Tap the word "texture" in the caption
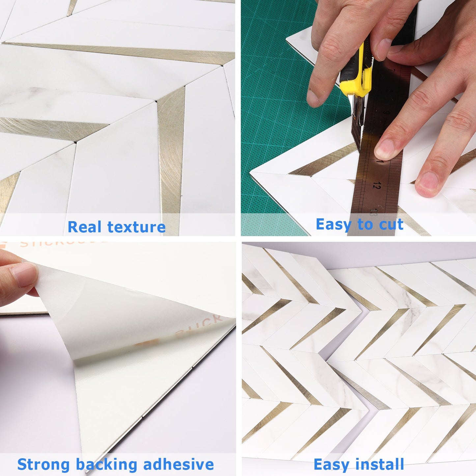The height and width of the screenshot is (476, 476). click(x=136, y=227)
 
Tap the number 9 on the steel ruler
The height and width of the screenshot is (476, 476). click(x=387, y=113)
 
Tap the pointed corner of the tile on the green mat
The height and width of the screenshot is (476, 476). click(x=252, y=173)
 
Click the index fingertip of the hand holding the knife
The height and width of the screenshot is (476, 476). click(x=315, y=99)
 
